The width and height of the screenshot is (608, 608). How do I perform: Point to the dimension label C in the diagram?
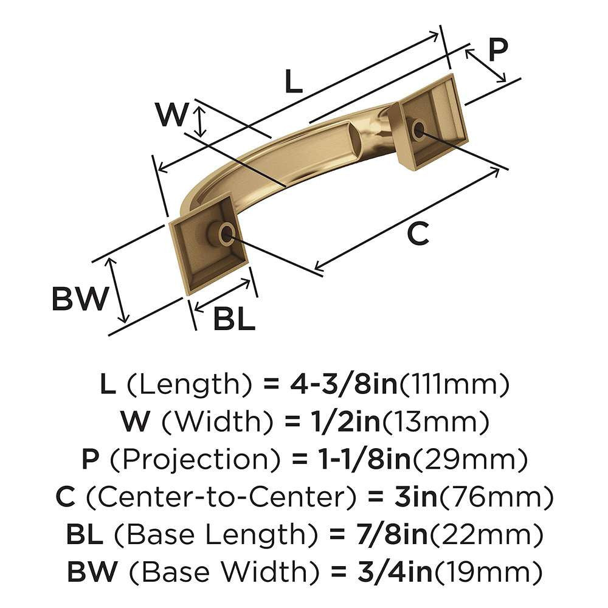[x=418, y=233]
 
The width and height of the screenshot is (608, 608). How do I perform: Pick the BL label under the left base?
[x=234, y=319]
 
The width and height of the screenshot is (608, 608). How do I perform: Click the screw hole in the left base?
[x=226, y=233]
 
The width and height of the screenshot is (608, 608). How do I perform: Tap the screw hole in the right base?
[x=418, y=129]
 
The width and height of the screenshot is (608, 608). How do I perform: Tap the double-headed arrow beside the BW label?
[x=118, y=289]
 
